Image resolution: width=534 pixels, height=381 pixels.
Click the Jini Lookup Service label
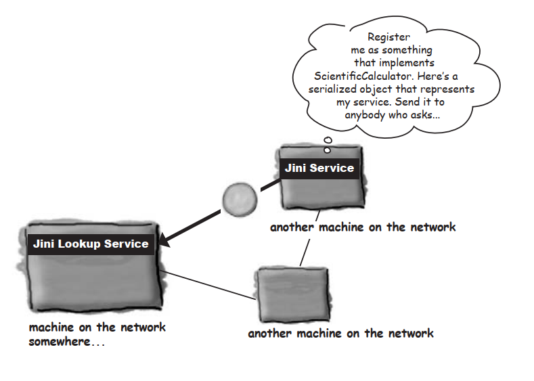click(x=91, y=244)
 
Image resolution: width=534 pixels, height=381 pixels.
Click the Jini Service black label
click(x=319, y=168)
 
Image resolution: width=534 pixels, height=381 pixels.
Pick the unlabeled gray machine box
click(x=292, y=294)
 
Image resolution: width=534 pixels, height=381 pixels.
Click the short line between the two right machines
click(x=305, y=251)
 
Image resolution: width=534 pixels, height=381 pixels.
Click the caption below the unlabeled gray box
click(x=340, y=333)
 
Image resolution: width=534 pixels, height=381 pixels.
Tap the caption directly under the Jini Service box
click(x=363, y=227)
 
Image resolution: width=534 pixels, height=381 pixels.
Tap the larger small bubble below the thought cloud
click(x=328, y=141)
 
